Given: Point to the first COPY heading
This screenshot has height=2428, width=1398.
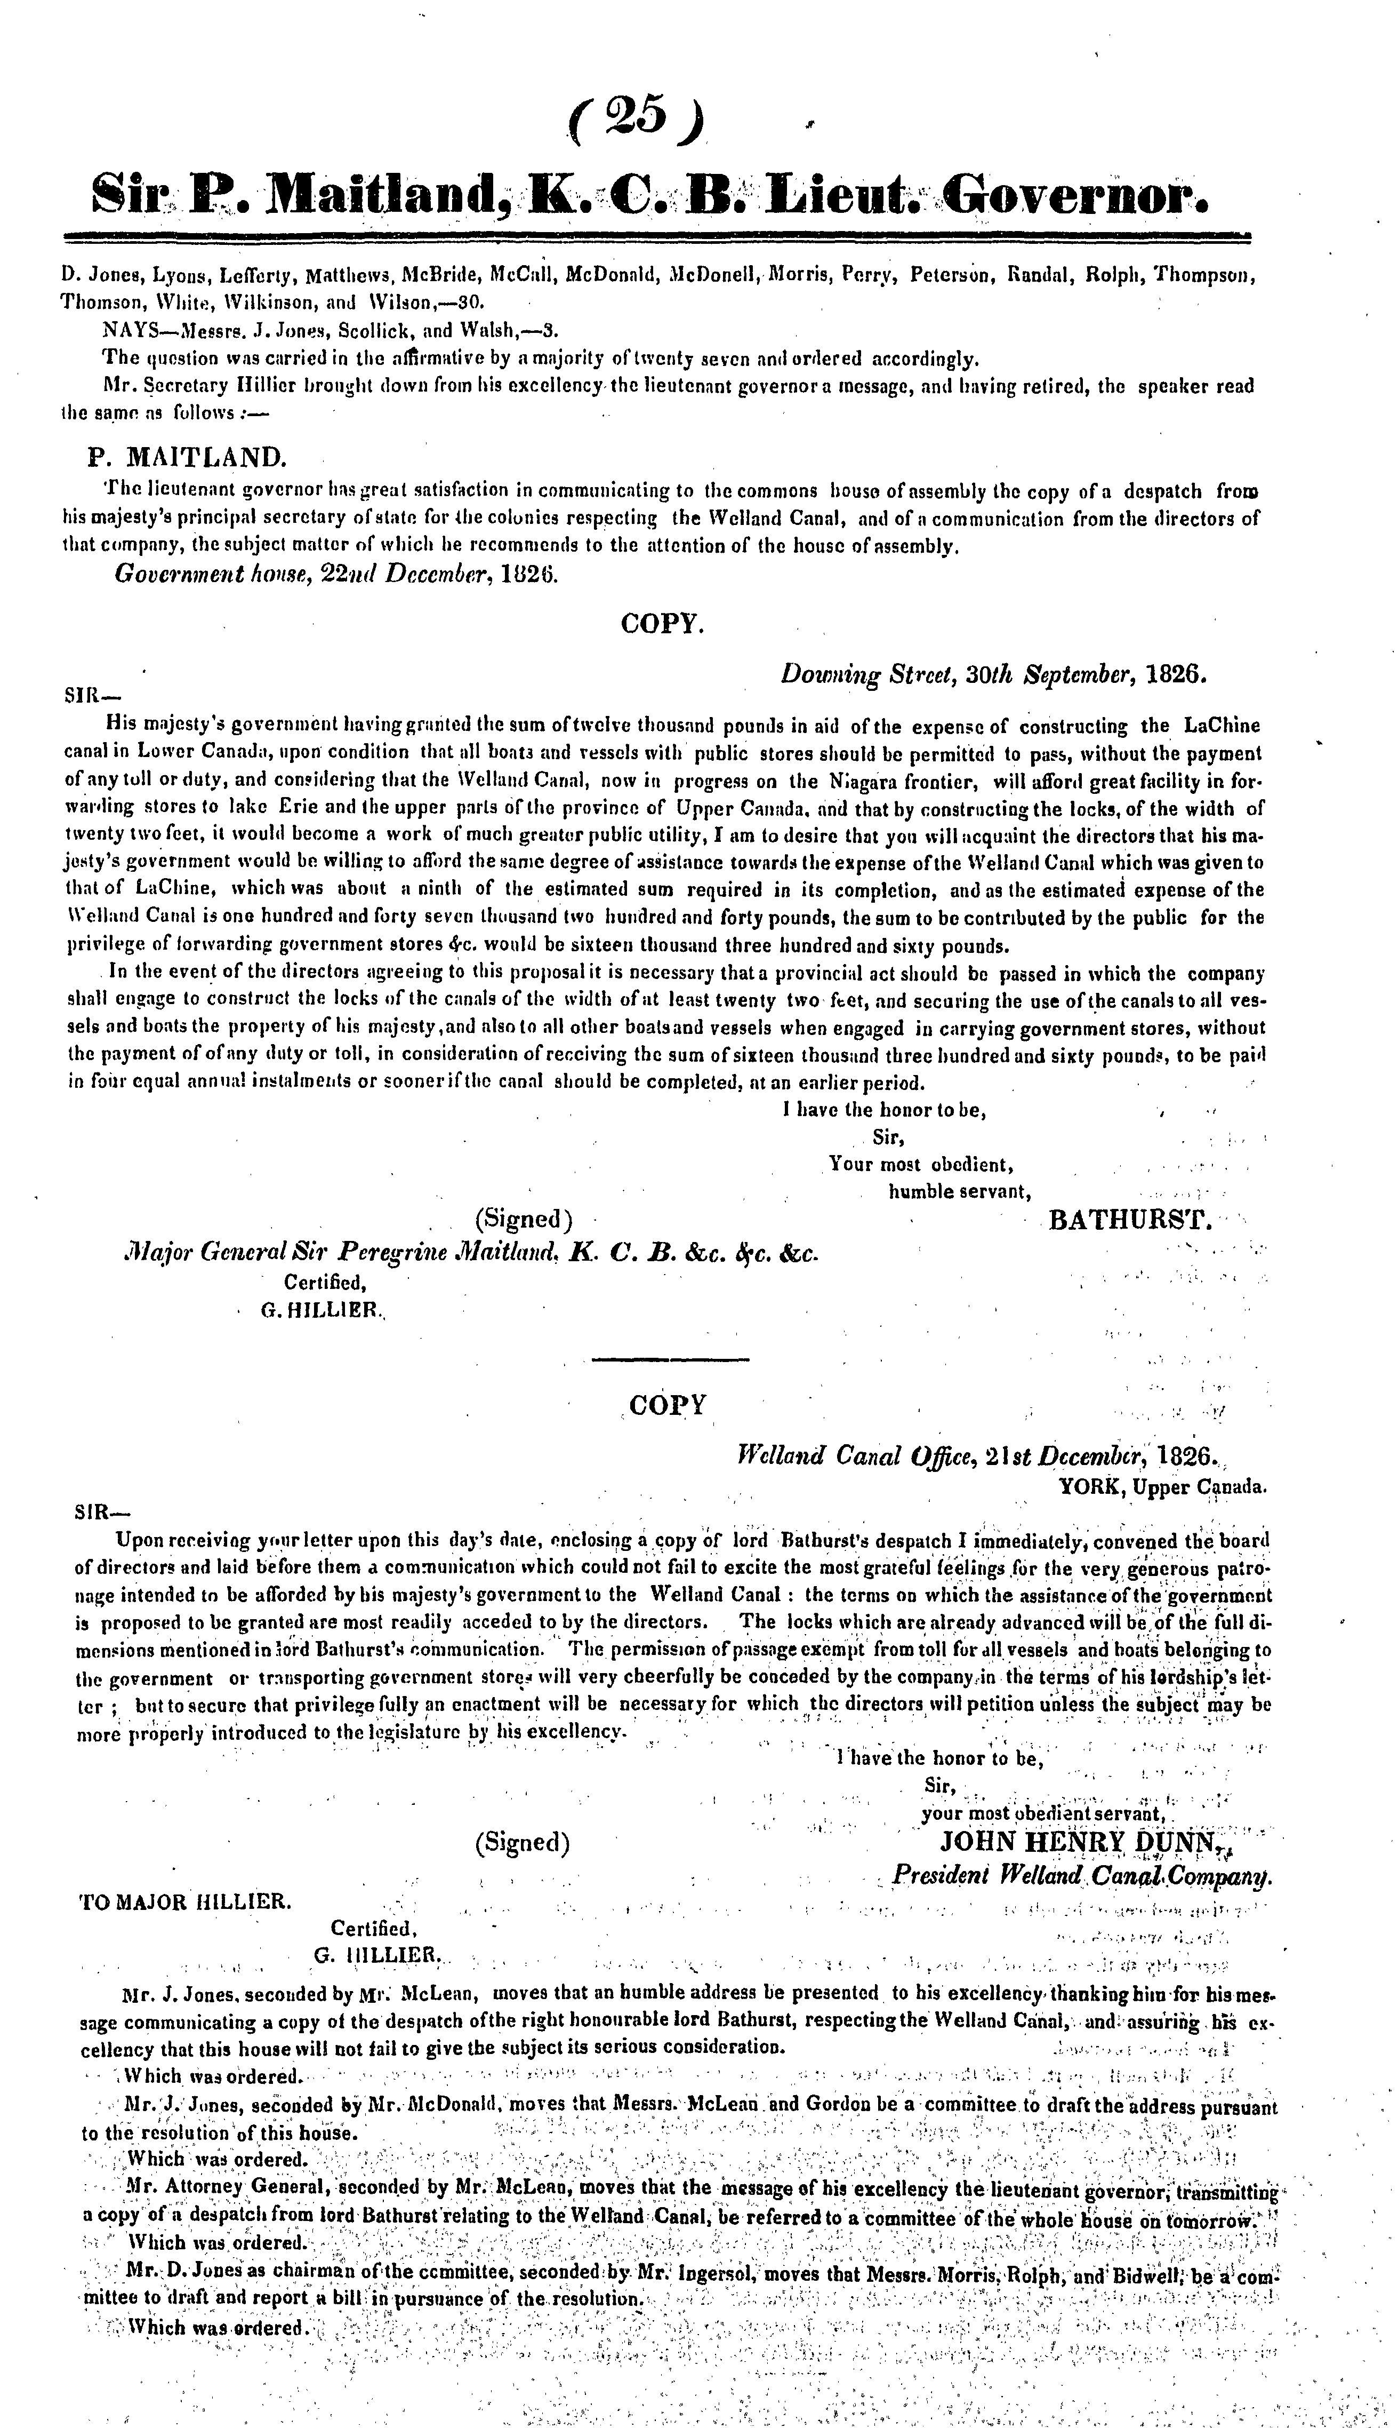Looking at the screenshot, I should tap(663, 623).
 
